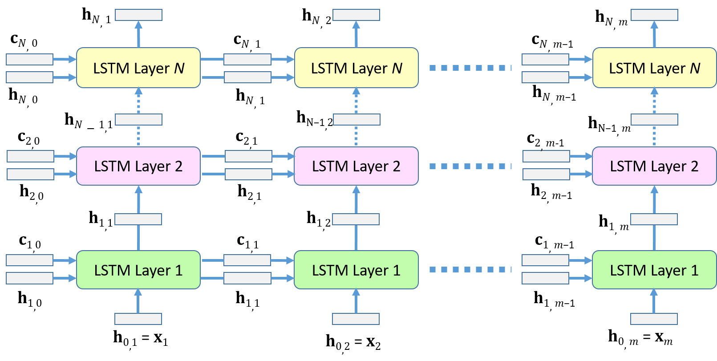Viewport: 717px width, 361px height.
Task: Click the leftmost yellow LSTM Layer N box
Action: [x=138, y=68]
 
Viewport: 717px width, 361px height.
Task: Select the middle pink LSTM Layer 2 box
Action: [x=356, y=166]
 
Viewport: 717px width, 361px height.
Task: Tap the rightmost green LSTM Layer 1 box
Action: [x=654, y=270]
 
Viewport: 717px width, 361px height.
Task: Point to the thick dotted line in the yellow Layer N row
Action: [x=470, y=68]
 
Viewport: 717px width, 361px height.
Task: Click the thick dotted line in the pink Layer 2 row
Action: [x=470, y=166]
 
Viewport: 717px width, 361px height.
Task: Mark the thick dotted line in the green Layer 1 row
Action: [x=470, y=269]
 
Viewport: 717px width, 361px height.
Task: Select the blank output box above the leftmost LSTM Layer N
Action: [x=138, y=15]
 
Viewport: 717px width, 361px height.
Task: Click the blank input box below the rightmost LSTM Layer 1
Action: [x=654, y=319]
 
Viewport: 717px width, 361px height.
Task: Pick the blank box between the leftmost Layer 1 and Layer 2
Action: [x=138, y=219]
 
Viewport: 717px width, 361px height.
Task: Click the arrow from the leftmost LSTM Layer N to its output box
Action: [x=138, y=35]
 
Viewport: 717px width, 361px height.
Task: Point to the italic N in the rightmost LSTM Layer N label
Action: [x=695, y=68]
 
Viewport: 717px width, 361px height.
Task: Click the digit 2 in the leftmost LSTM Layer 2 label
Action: [x=178, y=166]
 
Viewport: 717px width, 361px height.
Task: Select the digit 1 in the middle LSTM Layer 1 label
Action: [x=397, y=270]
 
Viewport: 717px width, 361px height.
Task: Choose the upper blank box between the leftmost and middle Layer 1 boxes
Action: [x=247, y=260]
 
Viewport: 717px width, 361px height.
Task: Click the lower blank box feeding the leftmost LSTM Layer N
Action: [x=29, y=77]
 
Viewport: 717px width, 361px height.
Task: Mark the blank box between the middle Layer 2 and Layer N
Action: [x=356, y=119]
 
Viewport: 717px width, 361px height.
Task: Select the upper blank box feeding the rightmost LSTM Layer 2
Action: [x=546, y=156]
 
